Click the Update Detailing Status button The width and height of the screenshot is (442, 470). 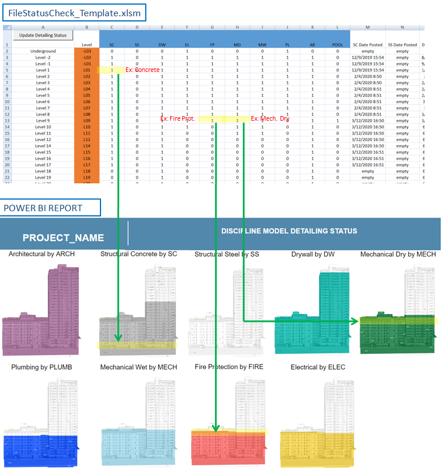(x=43, y=35)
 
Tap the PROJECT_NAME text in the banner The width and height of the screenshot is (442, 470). (x=63, y=238)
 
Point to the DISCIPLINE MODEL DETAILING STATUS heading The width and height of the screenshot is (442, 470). (x=289, y=231)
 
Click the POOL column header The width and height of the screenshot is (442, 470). (x=336, y=45)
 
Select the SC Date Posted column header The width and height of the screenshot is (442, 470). (x=367, y=45)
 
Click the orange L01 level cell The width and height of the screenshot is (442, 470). (x=87, y=70)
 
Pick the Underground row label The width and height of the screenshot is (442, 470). (x=43, y=51)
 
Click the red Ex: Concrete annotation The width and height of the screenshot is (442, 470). (x=142, y=70)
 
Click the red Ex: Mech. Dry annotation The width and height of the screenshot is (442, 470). (x=269, y=119)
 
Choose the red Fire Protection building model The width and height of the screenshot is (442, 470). (x=229, y=444)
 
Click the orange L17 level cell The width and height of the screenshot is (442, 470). (x=87, y=165)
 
